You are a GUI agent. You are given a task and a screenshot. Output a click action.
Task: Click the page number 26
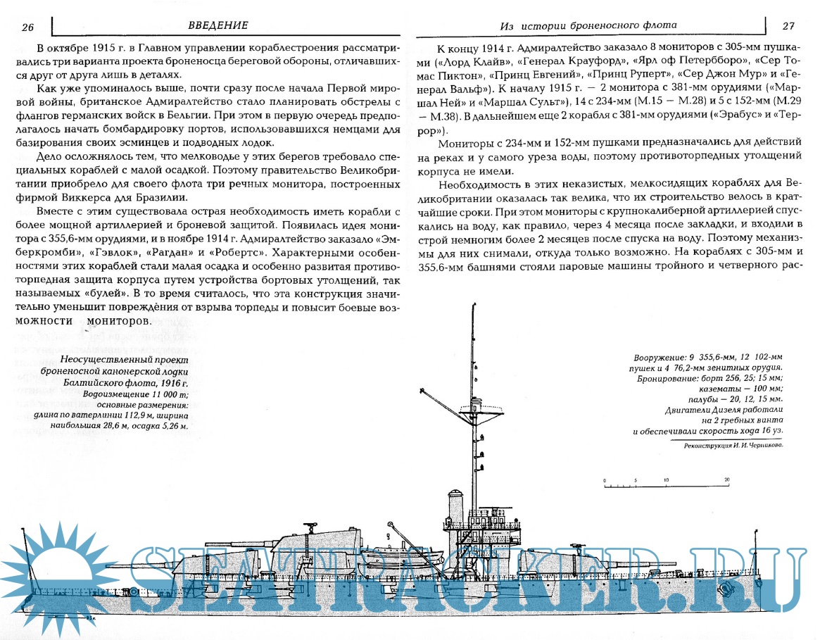click(28, 27)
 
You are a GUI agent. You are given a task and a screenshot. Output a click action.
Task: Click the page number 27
click(789, 26)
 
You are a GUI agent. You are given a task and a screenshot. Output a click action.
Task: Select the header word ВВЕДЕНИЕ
click(218, 25)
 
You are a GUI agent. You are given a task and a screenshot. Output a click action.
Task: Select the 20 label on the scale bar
click(727, 479)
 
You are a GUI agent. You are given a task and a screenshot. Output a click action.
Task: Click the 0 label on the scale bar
click(605, 479)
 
